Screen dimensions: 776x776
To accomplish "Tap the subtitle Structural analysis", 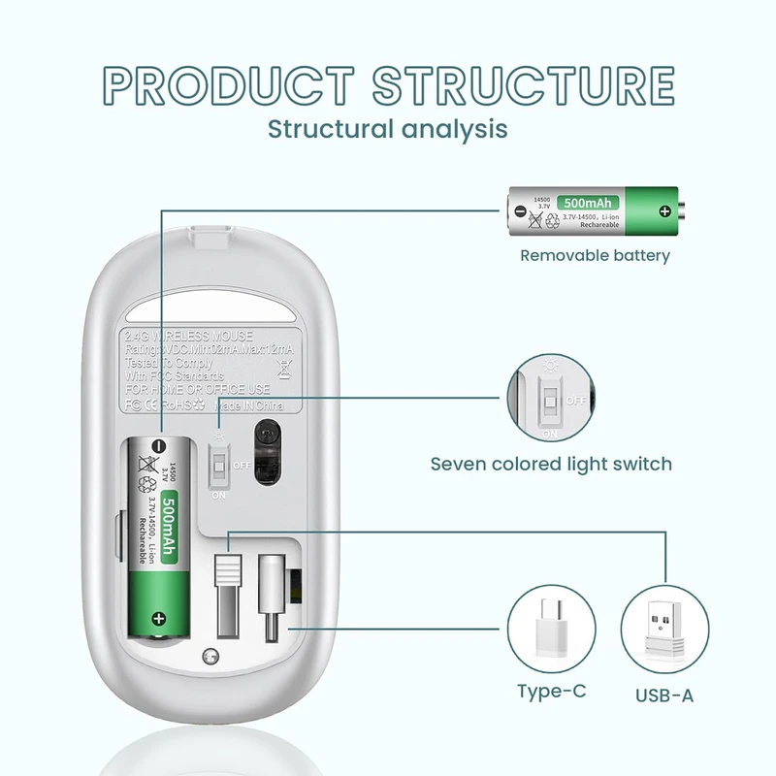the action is [x=387, y=128].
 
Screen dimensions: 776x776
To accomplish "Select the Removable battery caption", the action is [x=595, y=256].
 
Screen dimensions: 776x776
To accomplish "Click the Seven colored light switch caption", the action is [x=551, y=464].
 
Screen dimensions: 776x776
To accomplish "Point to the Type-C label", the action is [x=551, y=692].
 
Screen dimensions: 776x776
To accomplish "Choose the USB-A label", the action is [x=664, y=695].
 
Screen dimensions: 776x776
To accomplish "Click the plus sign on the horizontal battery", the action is [x=664, y=210].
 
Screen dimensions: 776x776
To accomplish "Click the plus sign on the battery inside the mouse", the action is [x=158, y=617].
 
